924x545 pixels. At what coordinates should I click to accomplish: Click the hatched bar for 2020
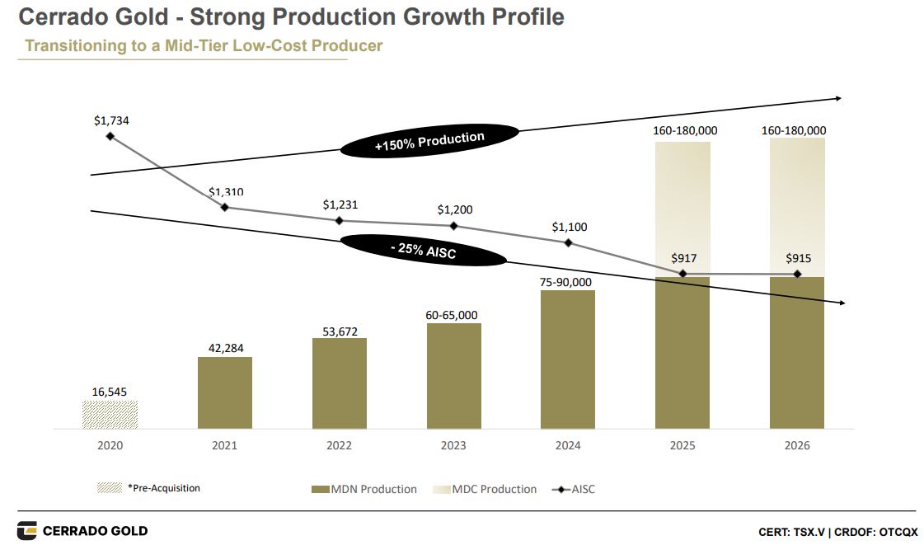[110, 415]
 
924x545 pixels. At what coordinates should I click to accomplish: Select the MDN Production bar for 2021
[224, 392]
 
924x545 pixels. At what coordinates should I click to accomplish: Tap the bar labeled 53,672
[339, 383]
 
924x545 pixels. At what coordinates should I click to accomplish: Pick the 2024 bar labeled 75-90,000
[568, 359]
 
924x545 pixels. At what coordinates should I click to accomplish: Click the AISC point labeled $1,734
[110, 136]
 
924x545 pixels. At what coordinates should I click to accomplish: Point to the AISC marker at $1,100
[568, 242]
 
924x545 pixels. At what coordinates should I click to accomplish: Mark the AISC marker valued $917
[682, 274]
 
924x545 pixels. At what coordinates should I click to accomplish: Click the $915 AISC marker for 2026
[797, 274]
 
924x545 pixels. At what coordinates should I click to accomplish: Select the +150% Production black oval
[429, 142]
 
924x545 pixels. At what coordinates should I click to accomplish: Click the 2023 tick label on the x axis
[453, 446]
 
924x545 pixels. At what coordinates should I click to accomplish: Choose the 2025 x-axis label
[682, 446]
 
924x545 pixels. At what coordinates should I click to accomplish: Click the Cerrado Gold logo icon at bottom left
[27, 530]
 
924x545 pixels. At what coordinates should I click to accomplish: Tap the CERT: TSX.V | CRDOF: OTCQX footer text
[837, 532]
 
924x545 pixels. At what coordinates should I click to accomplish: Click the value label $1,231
[340, 204]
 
